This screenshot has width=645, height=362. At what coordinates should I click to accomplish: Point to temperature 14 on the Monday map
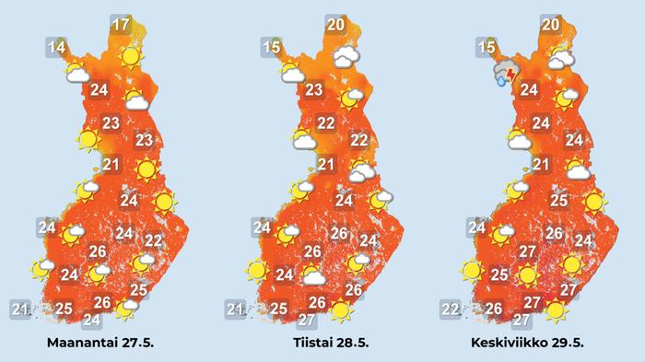pyautogui.click(x=56, y=47)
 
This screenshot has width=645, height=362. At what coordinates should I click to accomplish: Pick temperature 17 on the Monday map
pyautogui.click(x=120, y=25)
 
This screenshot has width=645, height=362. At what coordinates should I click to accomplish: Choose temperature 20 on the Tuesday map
pyautogui.click(x=336, y=25)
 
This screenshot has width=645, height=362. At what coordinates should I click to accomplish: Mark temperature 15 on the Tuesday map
pyautogui.click(x=272, y=47)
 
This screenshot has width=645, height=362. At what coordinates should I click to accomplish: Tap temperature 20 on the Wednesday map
pyautogui.click(x=551, y=25)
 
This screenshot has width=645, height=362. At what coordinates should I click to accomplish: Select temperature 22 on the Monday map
pyautogui.click(x=154, y=241)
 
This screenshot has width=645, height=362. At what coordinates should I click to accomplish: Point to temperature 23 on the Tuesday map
pyautogui.click(x=314, y=90)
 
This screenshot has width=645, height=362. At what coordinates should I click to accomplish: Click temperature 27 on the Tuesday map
pyautogui.click(x=307, y=321)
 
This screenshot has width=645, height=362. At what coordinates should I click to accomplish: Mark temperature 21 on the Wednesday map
pyautogui.click(x=541, y=165)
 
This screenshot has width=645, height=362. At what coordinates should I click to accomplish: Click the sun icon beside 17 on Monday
pyautogui.click(x=132, y=58)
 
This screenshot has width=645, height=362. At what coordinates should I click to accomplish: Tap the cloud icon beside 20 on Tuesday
pyautogui.click(x=347, y=58)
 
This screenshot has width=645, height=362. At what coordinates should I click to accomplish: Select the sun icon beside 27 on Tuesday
pyautogui.click(x=342, y=310)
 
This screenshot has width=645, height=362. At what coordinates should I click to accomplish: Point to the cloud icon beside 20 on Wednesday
pyautogui.click(x=561, y=59)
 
